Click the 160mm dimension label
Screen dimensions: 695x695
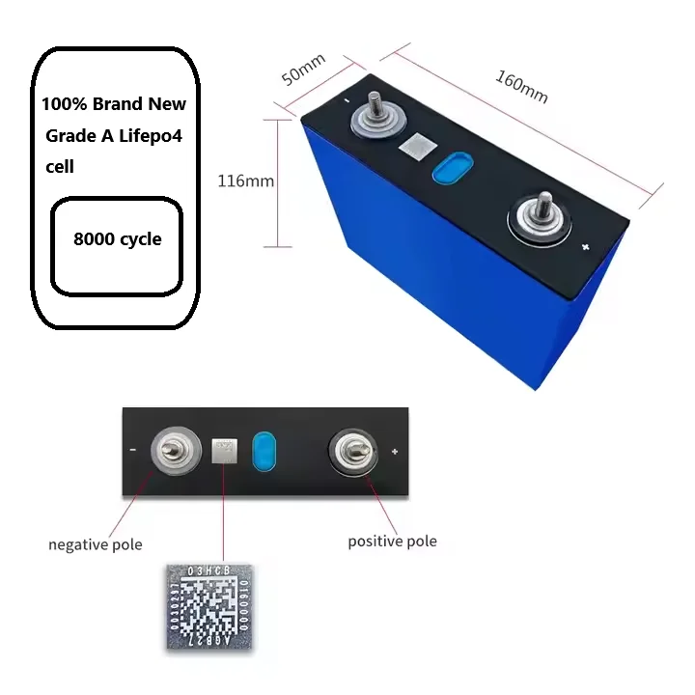pos(521,85)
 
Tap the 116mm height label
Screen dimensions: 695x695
pos(245,181)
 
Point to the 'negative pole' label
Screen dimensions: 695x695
pos(95,544)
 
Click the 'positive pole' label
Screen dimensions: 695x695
pos(392,542)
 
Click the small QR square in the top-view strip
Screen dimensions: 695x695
pos(225,449)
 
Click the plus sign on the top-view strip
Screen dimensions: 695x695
pos(395,451)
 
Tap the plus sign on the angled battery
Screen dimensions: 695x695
pos(586,248)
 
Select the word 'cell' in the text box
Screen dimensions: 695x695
pos(60,167)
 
